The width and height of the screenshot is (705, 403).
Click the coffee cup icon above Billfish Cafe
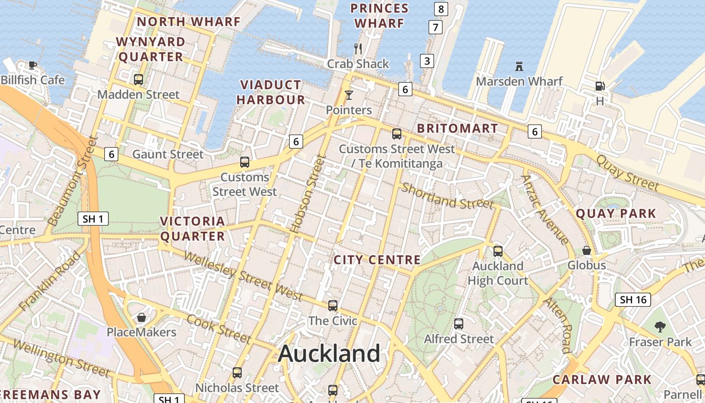[x=33, y=65]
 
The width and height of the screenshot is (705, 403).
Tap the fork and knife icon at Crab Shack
[x=358, y=49]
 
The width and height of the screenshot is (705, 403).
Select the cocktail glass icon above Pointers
[x=348, y=95]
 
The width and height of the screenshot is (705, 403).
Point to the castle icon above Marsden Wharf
[x=519, y=66]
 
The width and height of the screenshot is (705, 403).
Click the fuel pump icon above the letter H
[x=599, y=86]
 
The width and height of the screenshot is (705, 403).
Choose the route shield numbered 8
[x=441, y=9]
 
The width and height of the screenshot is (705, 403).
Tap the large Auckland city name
[x=329, y=353]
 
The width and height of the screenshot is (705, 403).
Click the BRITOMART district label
[x=457, y=128]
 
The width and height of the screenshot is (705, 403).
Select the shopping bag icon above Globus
[x=587, y=250]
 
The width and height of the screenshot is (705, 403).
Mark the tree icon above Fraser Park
[x=660, y=327]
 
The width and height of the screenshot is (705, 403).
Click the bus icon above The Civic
[x=332, y=306]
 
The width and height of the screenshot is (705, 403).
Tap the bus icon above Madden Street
[x=138, y=80]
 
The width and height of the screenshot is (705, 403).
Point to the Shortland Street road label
[x=447, y=196]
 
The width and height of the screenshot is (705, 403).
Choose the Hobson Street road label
[x=309, y=194]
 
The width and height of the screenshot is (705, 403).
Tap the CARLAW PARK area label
[x=602, y=380]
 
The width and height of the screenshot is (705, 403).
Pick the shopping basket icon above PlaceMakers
[x=142, y=317]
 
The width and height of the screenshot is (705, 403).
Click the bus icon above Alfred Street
[x=458, y=324]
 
